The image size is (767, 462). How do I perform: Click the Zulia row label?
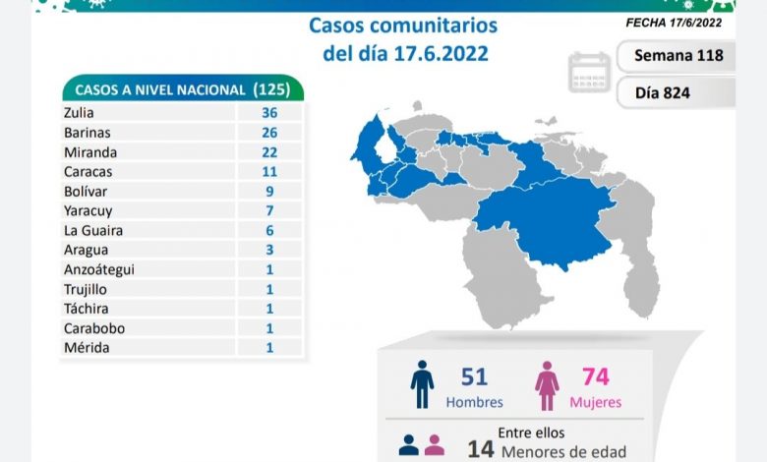pyautogui.click(x=78, y=113)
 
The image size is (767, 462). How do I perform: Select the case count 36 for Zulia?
pyautogui.click(x=269, y=113)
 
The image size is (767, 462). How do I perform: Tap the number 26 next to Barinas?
pyautogui.click(x=269, y=133)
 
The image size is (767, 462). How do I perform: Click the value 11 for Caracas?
pyautogui.click(x=269, y=171)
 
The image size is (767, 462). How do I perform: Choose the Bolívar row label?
pyautogui.click(x=85, y=191)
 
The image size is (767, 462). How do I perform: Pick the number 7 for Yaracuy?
pyautogui.click(x=269, y=210)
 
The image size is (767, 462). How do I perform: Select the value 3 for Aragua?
pyautogui.click(x=269, y=250)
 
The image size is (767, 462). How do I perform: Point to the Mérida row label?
pyautogui.click(x=86, y=347)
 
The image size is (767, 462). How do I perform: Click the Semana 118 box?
pyautogui.click(x=678, y=55)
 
